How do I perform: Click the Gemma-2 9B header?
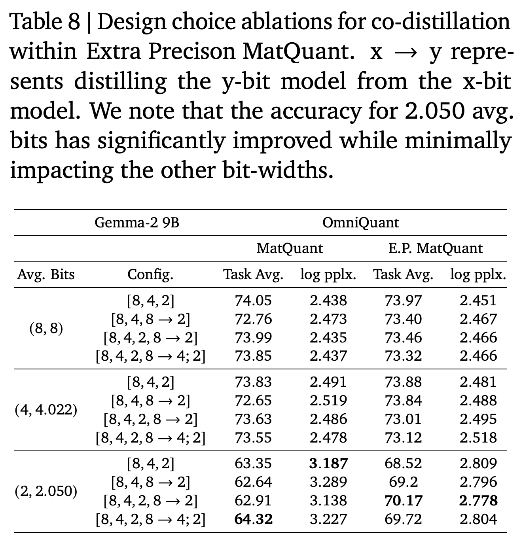137,223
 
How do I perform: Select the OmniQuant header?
360,223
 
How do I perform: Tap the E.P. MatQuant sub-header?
435,248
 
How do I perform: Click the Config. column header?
150,274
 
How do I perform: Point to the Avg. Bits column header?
46,274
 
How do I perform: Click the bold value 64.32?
254,519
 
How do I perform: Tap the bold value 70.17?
403,501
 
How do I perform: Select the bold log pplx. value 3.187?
328,464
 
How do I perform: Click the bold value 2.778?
478,501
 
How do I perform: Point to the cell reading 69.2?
403,482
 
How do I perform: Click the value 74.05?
253,301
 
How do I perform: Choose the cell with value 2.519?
328,401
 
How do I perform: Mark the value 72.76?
253,319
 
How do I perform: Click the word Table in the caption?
35,22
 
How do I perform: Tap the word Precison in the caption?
192,52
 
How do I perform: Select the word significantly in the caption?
161,141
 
